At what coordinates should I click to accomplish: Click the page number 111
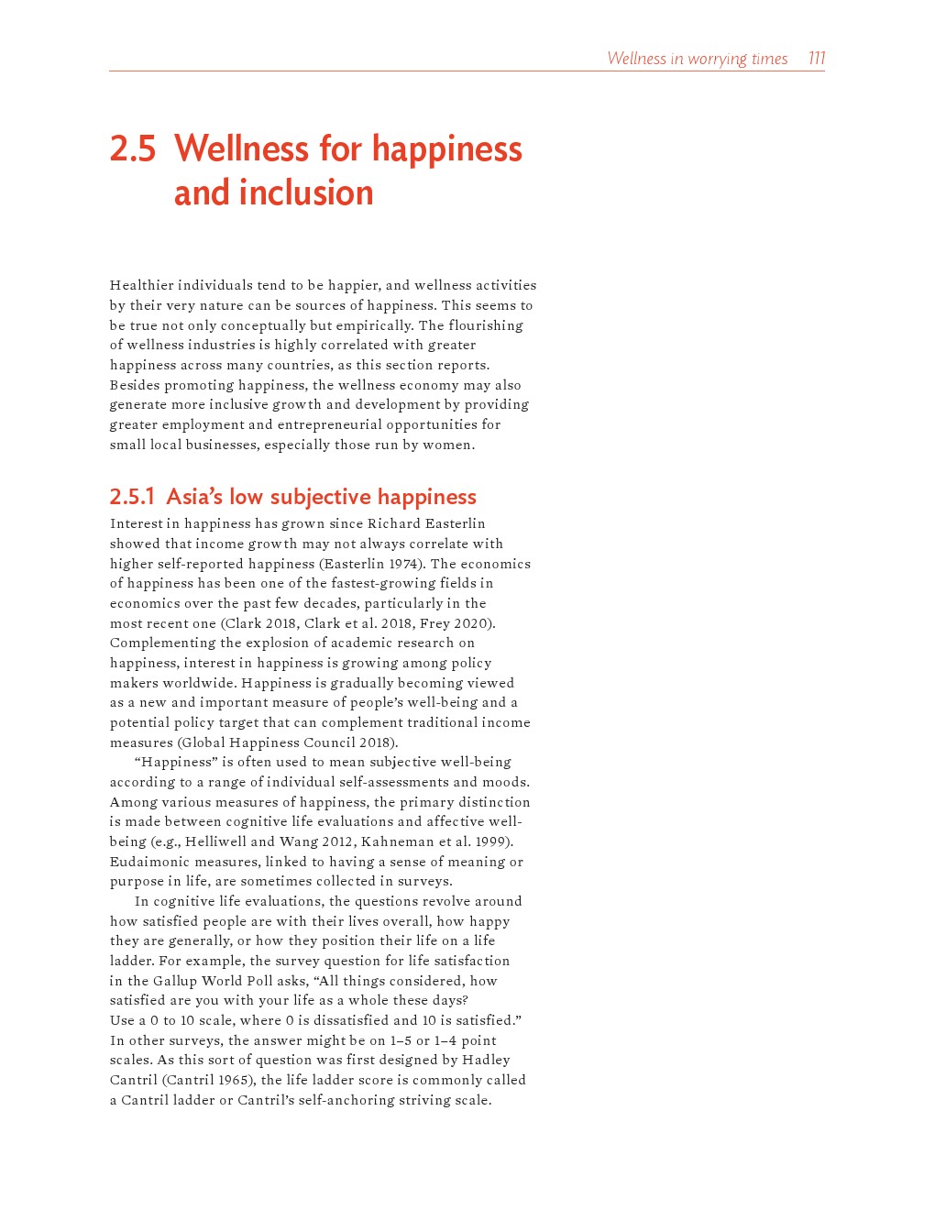point(816,59)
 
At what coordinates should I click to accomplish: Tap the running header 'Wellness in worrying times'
point(697,59)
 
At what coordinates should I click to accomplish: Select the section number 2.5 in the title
point(133,149)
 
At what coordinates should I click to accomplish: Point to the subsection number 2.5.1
point(132,497)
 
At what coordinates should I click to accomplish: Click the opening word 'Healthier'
point(141,285)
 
